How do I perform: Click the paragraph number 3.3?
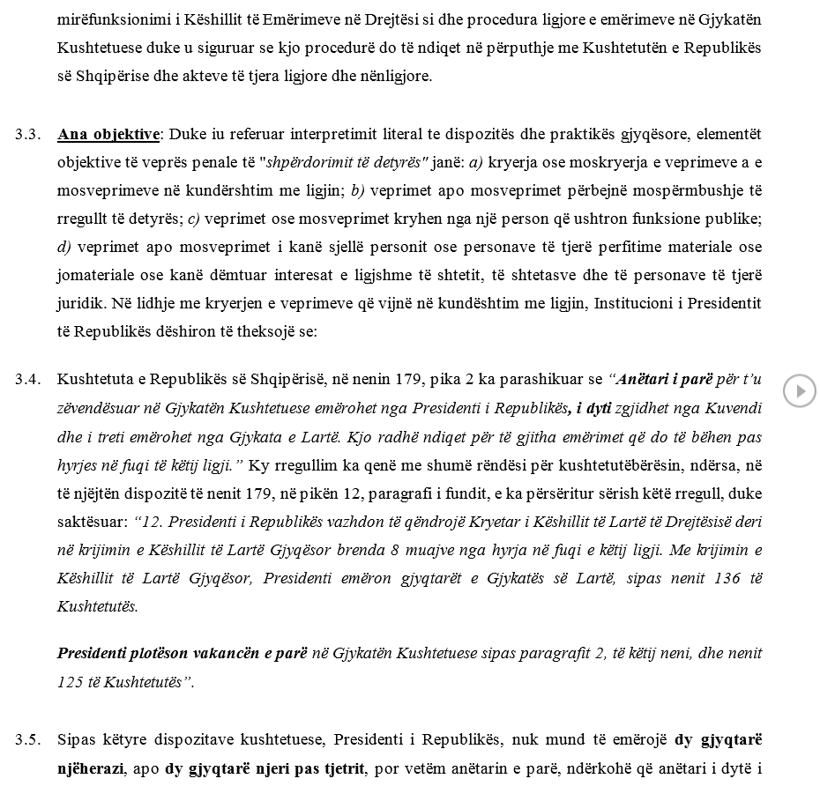click(27, 135)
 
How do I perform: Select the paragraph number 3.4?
click(27, 380)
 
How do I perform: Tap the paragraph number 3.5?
click(27, 739)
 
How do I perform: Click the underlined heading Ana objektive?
click(108, 135)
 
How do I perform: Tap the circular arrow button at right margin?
click(800, 390)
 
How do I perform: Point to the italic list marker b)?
click(358, 191)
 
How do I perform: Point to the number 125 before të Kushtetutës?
click(70, 682)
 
